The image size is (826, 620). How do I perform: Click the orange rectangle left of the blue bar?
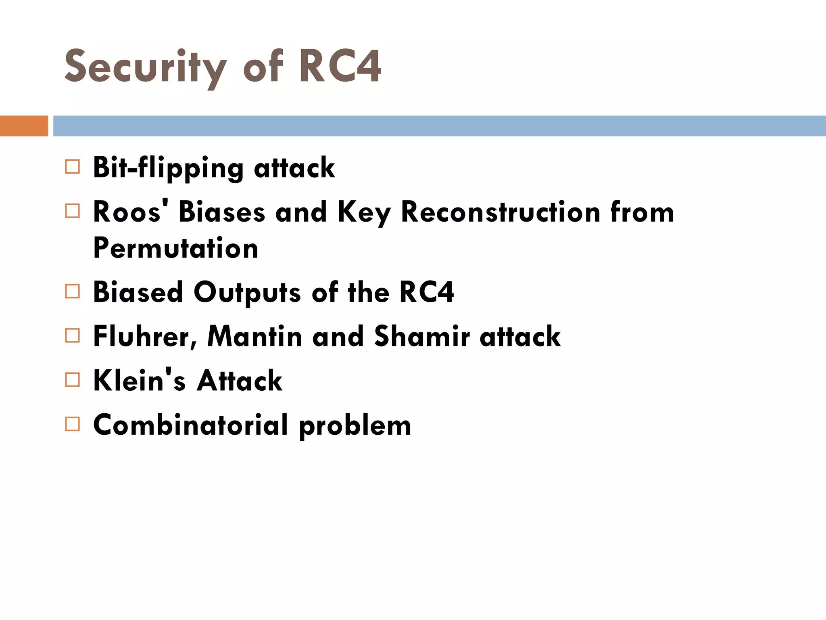pos(24,126)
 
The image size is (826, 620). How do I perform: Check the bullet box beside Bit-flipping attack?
pos(73,167)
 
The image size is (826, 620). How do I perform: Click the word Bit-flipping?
pos(168,168)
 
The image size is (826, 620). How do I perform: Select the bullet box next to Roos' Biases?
pos(73,211)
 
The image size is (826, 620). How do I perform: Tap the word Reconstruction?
pos(501,212)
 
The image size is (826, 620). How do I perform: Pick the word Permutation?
pos(175,248)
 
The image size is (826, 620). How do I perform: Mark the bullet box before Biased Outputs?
pos(73,291)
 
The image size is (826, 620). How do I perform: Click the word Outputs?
pos(247,292)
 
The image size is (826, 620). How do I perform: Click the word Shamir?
pos(422,336)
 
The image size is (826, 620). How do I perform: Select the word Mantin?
pos(254,336)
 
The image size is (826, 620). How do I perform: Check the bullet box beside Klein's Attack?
pos(73,380)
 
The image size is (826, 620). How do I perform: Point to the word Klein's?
pos(139,381)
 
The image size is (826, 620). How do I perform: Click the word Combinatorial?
pos(191,425)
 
